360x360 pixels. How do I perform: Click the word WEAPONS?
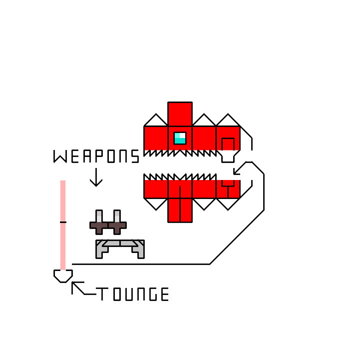pos(96,156)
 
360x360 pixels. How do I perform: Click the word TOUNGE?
pos(133,294)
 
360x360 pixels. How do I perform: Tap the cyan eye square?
pos(180,138)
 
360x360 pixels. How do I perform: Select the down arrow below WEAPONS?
pos(96,177)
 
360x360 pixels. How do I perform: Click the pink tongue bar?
pos(63,225)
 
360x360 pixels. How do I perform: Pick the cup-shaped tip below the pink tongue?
pos(63,276)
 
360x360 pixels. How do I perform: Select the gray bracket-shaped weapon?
pos(120,247)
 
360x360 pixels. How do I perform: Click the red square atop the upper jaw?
pos(180,114)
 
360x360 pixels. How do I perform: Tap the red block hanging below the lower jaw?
pos(180,210)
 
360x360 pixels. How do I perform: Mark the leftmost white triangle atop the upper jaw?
pos(156,121)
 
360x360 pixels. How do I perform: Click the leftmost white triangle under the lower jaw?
pos(156,203)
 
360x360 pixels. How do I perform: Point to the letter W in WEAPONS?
pos(59,156)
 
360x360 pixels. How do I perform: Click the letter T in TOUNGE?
pos(101,294)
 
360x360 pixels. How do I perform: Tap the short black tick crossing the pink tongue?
pos(63,221)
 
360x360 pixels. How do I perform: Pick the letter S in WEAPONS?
pos(135,156)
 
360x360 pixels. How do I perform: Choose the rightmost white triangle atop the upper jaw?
pos(228,121)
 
